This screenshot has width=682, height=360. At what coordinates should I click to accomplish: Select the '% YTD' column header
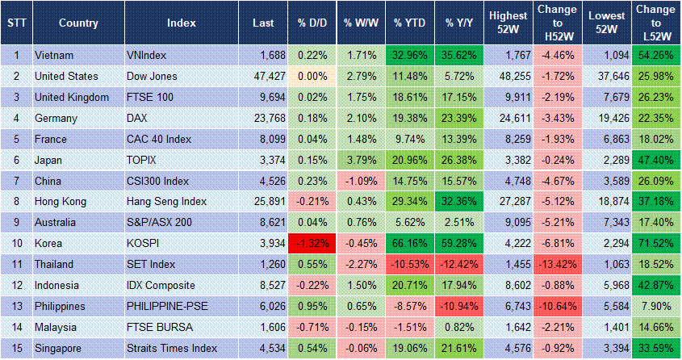409,23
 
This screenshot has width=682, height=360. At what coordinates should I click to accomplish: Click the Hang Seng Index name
167,202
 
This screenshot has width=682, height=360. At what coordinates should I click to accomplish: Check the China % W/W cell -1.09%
360,181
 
